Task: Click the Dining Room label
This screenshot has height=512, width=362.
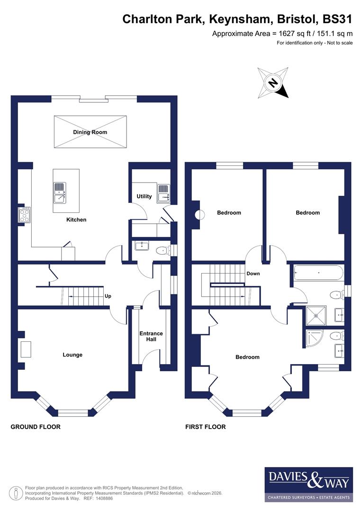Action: tap(90, 132)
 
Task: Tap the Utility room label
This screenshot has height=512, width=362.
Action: tap(144, 196)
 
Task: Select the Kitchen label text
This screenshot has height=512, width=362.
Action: tap(76, 219)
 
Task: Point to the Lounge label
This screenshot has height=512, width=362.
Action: tap(72, 355)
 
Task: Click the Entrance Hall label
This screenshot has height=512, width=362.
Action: tap(151, 337)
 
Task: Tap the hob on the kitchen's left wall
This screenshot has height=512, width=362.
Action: tap(24, 214)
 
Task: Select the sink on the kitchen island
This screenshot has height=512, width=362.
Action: tap(59, 192)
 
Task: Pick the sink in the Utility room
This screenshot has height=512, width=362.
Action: tap(164, 193)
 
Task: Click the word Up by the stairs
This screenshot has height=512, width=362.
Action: tap(108, 296)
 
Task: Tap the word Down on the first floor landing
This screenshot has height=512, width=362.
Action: tap(253, 274)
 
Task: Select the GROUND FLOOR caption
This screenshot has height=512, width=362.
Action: tap(36, 427)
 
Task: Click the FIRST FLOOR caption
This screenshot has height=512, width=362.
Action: tap(205, 427)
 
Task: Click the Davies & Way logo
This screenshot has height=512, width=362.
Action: tap(308, 484)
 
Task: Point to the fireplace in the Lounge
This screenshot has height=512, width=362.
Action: tap(26, 349)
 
